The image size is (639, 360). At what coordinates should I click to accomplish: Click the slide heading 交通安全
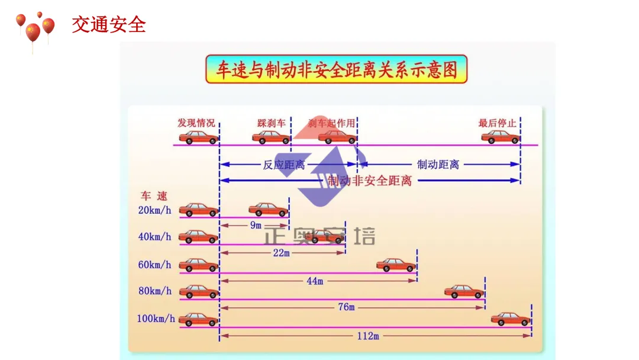[109, 25]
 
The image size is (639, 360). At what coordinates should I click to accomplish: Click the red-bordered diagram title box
[336, 69]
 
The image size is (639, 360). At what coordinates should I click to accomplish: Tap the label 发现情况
[196, 123]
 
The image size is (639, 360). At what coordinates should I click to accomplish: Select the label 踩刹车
[272, 123]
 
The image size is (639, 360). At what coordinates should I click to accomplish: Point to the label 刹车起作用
[332, 123]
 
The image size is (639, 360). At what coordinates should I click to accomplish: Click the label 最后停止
[497, 123]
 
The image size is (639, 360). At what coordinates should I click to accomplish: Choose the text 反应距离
[284, 165]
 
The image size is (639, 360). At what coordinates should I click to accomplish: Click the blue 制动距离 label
[438, 165]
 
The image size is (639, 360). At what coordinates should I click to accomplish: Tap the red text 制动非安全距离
[370, 181]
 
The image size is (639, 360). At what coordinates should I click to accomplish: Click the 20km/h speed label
[154, 210]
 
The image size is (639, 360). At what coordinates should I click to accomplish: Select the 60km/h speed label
[154, 265]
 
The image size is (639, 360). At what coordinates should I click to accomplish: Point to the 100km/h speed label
[156, 319]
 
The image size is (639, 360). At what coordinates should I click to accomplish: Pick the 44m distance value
[315, 281]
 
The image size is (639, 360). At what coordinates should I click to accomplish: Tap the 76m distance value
[347, 307]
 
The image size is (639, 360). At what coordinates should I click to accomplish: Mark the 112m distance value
[367, 336]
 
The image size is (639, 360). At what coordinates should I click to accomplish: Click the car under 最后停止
[500, 137]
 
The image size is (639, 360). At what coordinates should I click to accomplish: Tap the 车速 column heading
[154, 196]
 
